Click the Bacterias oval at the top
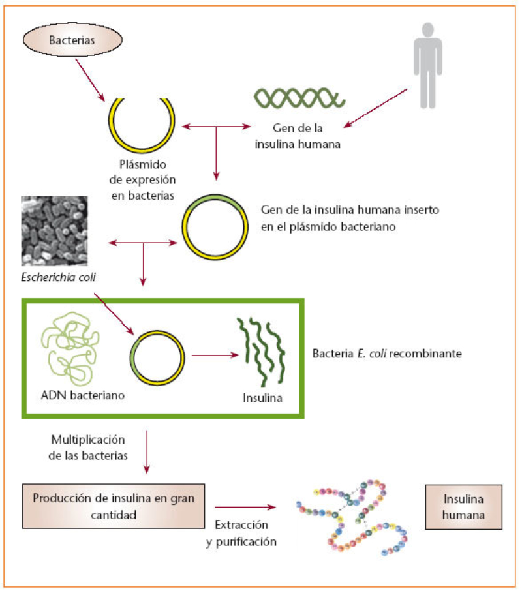[x=72, y=40]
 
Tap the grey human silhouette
[x=427, y=65]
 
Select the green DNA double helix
[x=299, y=97]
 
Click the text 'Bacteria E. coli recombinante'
[x=388, y=354]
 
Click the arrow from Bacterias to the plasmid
[x=89, y=78]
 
